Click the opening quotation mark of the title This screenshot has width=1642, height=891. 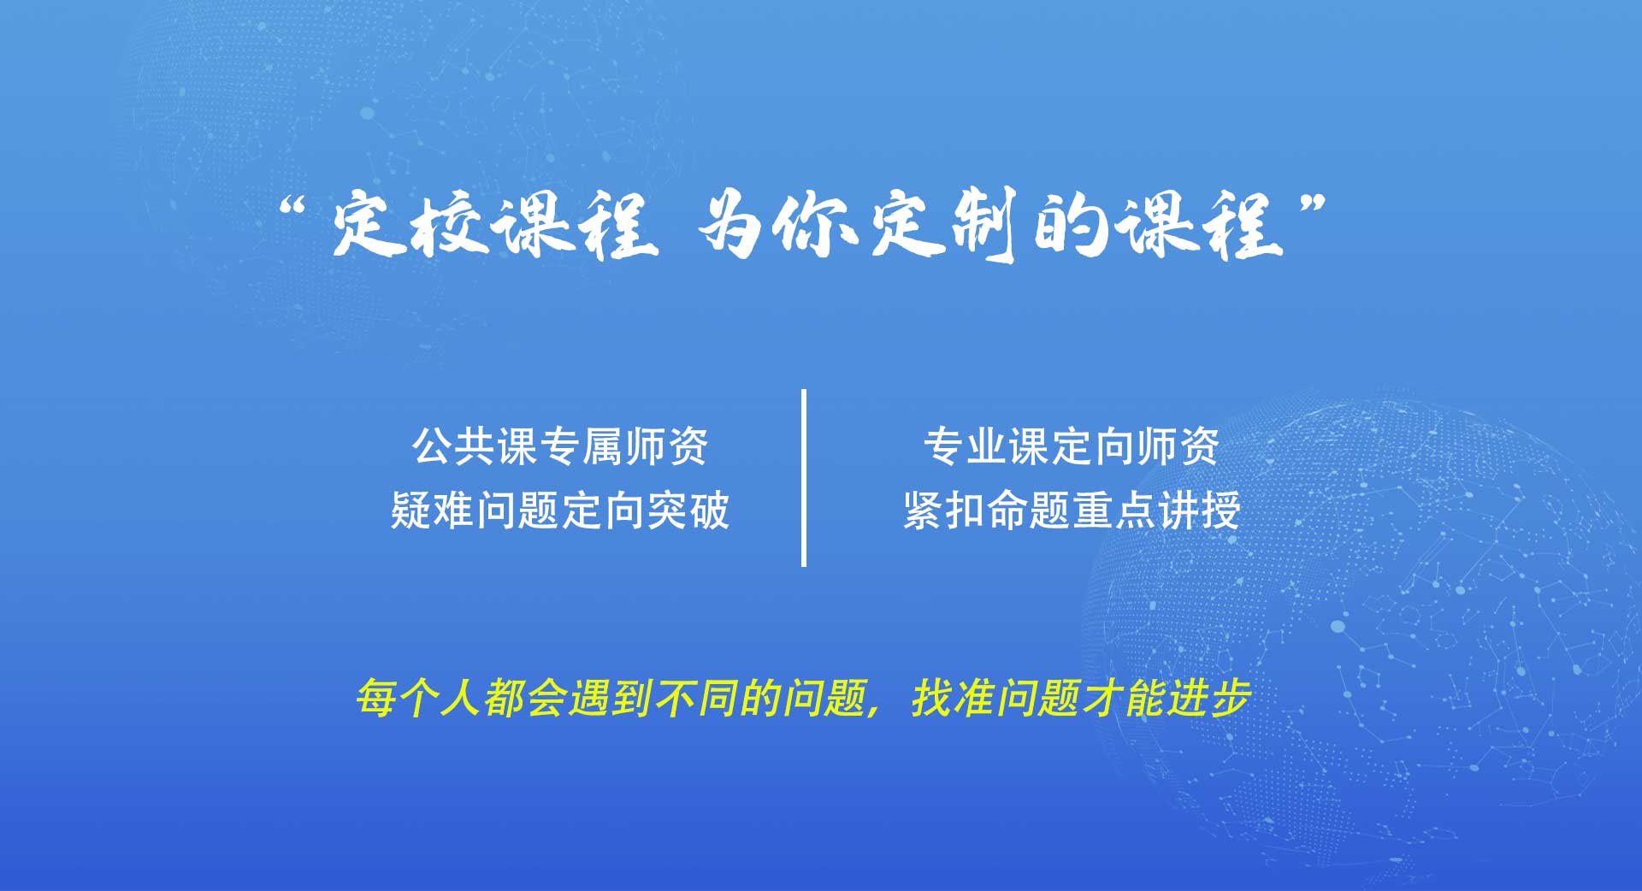pyautogui.click(x=292, y=209)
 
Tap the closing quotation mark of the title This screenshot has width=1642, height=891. pyautogui.click(x=1313, y=205)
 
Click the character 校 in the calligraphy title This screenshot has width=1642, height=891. pyautogui.click(x=448, y=224)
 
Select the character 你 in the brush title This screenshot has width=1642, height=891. pyautogui.click(x=815, y=224)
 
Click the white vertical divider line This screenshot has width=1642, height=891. pyautogui.click(x=804, y=477)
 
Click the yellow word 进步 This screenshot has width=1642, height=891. pyautogui.click(x=1209, y=698)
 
